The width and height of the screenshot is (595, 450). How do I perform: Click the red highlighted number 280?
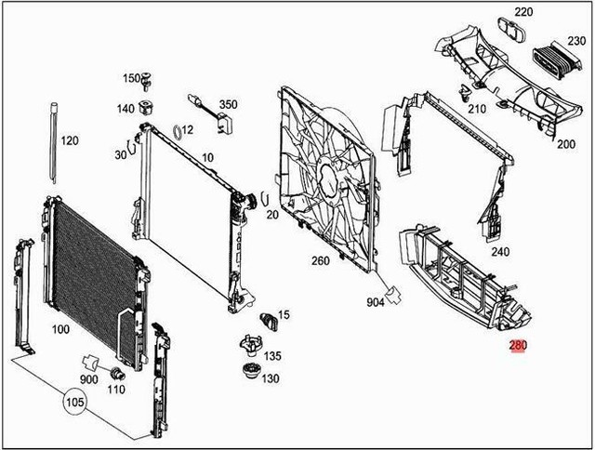click(x=518, y=348)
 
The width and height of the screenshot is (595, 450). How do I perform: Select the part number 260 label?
click(x=320, y=261)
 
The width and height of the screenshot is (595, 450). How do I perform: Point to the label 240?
click(x=500, y=252)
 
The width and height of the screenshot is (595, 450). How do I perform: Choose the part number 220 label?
click(x=524, y=12)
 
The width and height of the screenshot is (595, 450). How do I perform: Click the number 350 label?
click(x=228, y=105)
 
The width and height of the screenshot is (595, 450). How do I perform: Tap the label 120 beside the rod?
click(x=71, y=141)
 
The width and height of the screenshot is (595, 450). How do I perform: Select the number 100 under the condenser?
click(x=60, y=329)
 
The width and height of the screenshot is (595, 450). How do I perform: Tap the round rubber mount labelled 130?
click(x=248, y=377)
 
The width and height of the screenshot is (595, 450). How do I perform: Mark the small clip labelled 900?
click(x=91, y=360)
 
